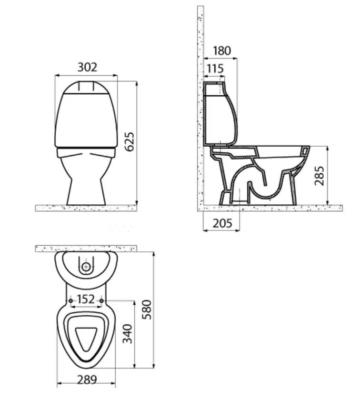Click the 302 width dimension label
[87, 67]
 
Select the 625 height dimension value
[130, 142]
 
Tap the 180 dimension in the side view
[222, 50]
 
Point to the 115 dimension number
[215, 69]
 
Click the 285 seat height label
[320, 176]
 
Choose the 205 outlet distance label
[222, 223]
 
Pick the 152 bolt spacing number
[86, 299]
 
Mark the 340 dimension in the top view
[128, 334]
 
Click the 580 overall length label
[147, 309]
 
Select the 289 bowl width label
[87, 380]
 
